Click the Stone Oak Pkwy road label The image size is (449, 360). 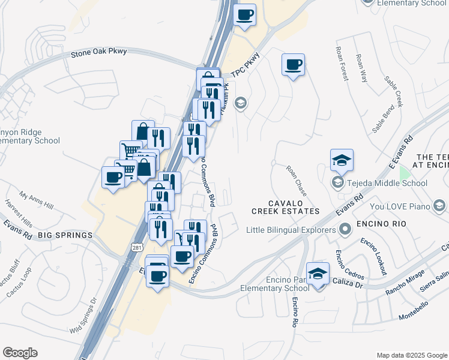click(x=99, y=52)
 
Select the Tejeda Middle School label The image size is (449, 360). click(x=387, y=183)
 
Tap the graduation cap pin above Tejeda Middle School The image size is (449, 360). click(x=342, y=160)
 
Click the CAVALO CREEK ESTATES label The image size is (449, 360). click(x=285, y=206)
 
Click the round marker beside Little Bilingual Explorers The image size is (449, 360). click(x=345, y=229)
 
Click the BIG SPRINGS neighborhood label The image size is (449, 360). click(x=65, y=235)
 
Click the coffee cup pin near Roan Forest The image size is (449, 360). click(x=293, y=65)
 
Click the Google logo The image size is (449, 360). click(x=20, y=353)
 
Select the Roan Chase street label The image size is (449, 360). click(x=296, y=181)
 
